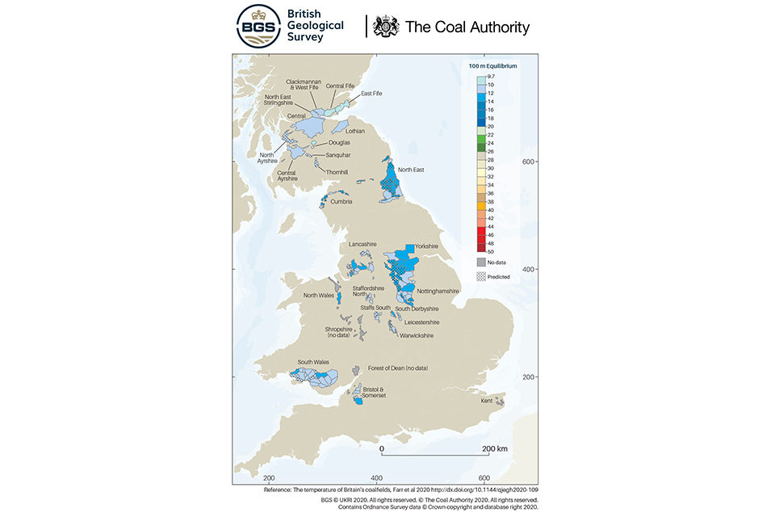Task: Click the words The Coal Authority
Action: click(x=467, y=27)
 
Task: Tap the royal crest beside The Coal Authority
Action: click(x=387, y=27)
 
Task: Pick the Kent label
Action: click(x=487, y=401)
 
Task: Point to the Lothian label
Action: click(x=355, y=131)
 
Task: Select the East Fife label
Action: click(x=371, y=94)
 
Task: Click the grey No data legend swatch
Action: click(x=481, y=262)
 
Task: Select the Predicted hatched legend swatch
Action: click(x=481, y=276)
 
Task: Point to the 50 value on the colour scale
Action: click(x=490, y=252)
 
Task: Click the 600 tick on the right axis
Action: click(x=531, y=162)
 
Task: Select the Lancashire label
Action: click(x=363, y=243)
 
